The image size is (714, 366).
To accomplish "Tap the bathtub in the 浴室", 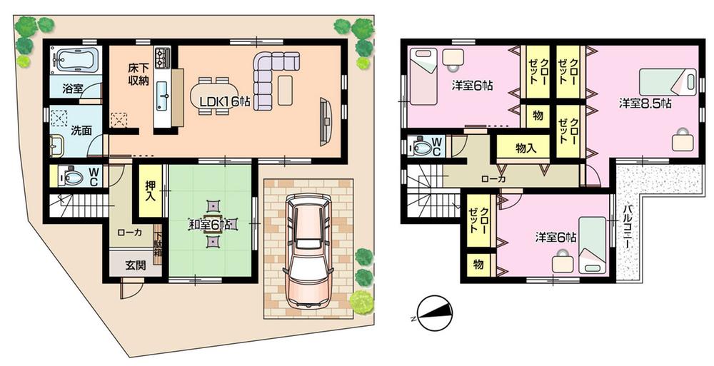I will point(75,61).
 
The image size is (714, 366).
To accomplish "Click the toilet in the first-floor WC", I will point(69,176).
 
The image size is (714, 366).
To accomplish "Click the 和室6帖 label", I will point(211,223).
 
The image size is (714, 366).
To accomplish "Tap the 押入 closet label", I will point(151,192).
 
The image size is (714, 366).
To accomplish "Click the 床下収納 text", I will point(138,73).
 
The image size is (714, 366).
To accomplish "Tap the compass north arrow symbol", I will point(435,312).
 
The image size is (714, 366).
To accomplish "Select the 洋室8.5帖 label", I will point(644,103).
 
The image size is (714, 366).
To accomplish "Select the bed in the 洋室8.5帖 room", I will point(668,82).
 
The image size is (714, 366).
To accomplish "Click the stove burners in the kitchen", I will point(162,56).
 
